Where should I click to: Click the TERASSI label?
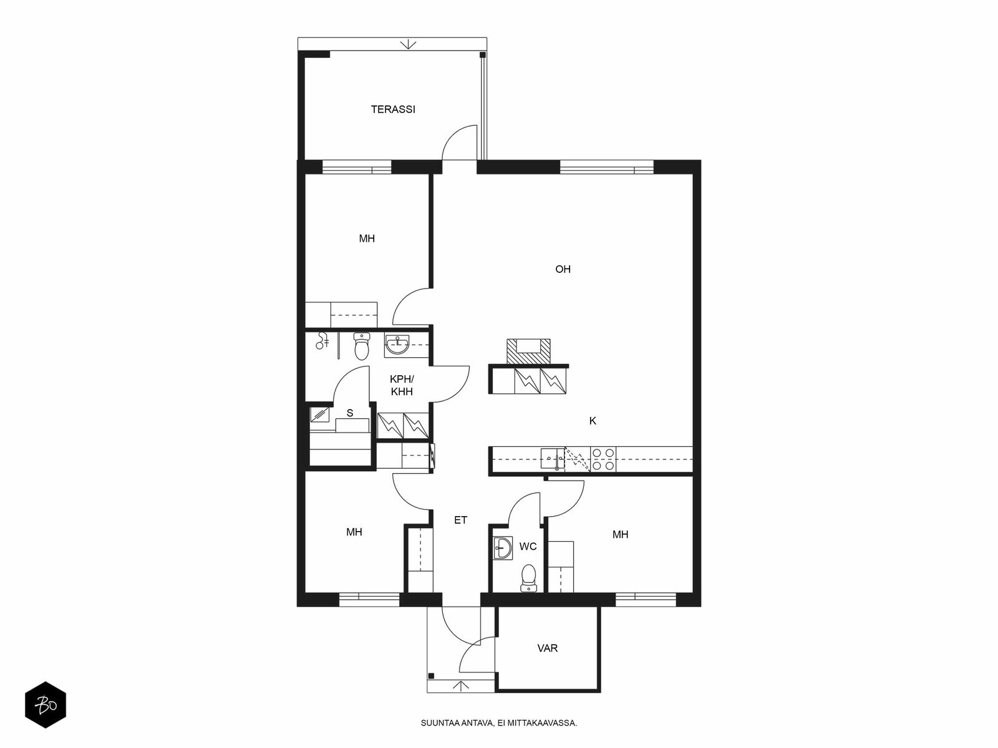pos(393,110)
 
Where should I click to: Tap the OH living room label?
pos(563,269)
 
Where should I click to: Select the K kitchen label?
pos(593,421)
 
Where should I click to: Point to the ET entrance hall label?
pos(460,520)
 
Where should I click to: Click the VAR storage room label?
pos(548,648)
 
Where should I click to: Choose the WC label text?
pos(528,547)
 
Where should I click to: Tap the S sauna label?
pos(350,413)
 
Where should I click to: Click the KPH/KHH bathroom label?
pos(402,386)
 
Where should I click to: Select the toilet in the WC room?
pos(528,578)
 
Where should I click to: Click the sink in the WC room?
pos(503,548)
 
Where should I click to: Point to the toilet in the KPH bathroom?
pos(362,345)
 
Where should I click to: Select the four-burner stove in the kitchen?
pos(603,459)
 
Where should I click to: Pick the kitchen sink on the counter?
pos(553,458)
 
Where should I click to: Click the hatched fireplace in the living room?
pos(528,352)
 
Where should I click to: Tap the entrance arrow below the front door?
pos(462,686)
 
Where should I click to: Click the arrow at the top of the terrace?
pos(409,44)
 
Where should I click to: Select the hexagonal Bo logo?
pos(46,705)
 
